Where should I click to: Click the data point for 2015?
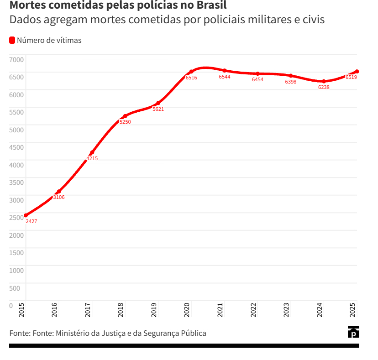click(26, 215)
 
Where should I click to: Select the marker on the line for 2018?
click(125, 116)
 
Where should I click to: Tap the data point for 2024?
click(324, 82)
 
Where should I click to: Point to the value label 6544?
click(225, 77)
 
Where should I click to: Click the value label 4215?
click(92, 159)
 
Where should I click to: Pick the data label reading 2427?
click(31, 221)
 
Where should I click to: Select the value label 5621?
click(158, 110)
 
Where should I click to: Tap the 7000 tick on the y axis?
click(16, 59)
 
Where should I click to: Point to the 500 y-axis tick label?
click(14, 288)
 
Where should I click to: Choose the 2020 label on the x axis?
click(187, 310)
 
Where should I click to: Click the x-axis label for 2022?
click(253, 310)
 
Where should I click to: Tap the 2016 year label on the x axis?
click(55, 310)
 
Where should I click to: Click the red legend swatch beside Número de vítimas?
click(12, 41)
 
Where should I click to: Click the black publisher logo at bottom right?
click(353, 332)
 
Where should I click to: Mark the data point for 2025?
click(357, 72)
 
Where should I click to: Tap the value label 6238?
click(324, 88)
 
